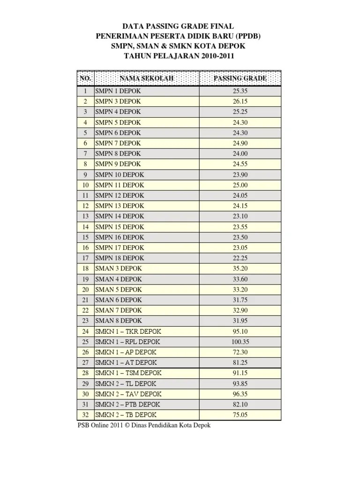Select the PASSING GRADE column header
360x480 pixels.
coord(240,78)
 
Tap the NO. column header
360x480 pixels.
coord(85,78)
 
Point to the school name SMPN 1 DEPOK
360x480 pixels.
coord(118,91)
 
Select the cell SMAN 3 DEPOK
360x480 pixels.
coord(119,269)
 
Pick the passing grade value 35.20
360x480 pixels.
coord(240,269)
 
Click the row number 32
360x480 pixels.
coord(85,415)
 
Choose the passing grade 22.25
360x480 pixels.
coord(240,258)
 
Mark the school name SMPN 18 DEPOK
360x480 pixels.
coord(120,258)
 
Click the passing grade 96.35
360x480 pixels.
coord(240,394)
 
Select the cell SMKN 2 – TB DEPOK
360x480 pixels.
coord(126,415)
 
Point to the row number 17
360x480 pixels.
coord(85,258)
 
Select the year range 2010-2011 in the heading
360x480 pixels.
coord(217,57)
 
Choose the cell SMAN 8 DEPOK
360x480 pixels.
coord(119,321)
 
